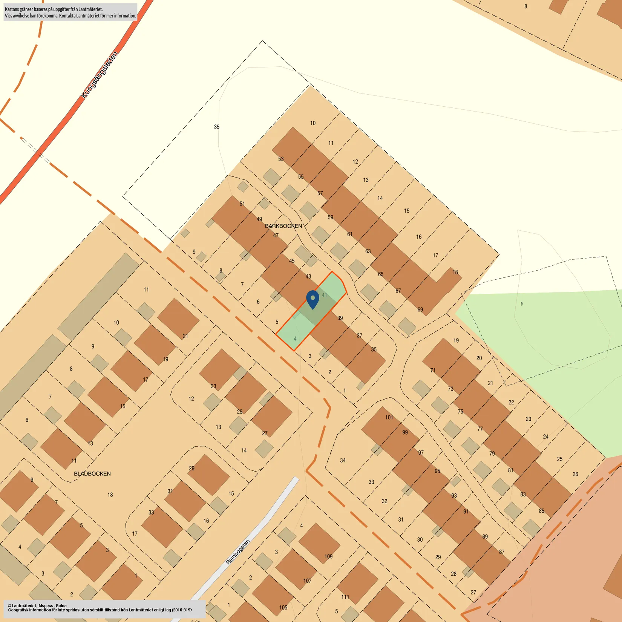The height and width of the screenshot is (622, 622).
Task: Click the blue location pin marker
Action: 313,299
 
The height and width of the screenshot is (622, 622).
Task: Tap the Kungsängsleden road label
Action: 100,75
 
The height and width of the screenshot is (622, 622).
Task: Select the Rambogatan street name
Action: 237,552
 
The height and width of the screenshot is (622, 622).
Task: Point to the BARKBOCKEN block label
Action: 283,226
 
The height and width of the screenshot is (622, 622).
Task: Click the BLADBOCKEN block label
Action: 92,474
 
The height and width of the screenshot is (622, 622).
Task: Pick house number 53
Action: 281,159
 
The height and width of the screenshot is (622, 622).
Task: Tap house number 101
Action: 389,417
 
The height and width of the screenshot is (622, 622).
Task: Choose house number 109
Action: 328,556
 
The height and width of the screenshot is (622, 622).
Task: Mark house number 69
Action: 420,309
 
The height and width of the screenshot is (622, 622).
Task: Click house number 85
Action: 541,511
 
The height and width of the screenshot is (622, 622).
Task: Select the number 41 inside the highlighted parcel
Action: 324,295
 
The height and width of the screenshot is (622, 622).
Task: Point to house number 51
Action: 242,204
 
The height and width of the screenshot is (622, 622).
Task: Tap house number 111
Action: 345,597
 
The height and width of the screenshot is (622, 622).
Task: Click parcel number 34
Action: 343,460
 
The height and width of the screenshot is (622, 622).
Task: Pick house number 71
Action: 433,370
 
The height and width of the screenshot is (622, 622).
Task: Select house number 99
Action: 405,432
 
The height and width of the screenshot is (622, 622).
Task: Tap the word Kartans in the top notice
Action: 12,9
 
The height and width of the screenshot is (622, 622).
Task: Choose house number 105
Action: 283,607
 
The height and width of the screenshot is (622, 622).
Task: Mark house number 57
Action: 320,193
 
